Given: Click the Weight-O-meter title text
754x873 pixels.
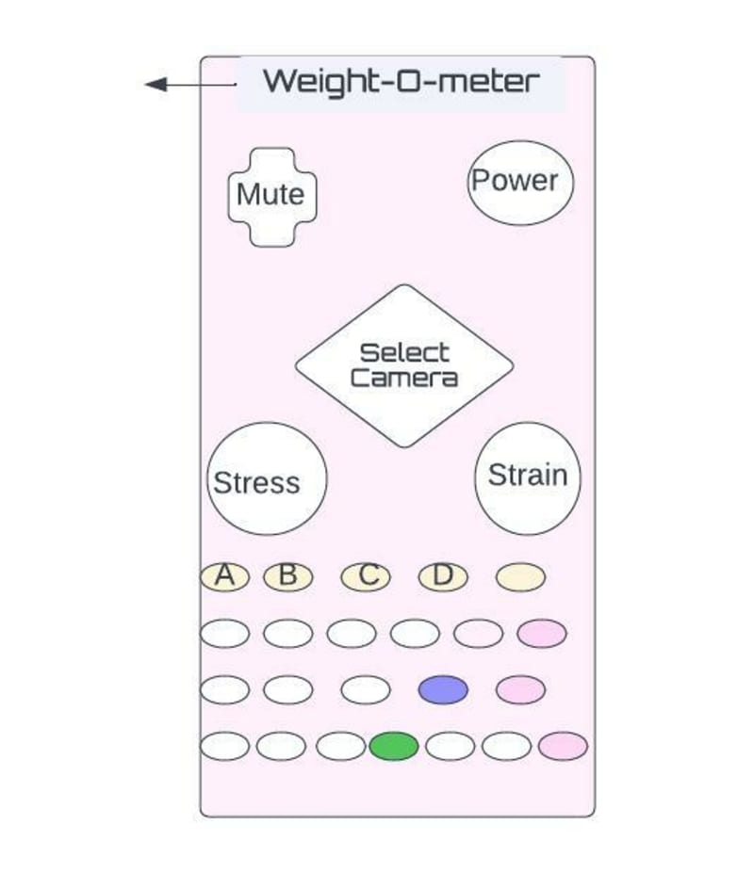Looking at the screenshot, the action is [401, 81].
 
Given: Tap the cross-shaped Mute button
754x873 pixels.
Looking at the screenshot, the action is [271, 196].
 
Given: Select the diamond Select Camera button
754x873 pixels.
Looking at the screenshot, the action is [404, 365].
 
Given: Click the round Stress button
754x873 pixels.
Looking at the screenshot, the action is [266, 479].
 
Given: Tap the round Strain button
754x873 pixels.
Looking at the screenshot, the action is [528, 477].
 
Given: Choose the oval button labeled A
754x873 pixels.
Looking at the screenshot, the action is [224, 576].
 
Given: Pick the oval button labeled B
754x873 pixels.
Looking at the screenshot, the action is [288, 576].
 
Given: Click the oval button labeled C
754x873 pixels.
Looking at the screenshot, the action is [366, 576].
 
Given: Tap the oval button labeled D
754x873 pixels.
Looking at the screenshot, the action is [443, 576].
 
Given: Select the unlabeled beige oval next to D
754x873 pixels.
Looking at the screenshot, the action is [520, 576].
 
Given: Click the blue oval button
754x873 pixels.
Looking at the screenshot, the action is [443, 689].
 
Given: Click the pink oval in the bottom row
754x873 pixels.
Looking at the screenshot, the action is [563, 746].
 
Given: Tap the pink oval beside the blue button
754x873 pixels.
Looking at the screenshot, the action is [520, 689].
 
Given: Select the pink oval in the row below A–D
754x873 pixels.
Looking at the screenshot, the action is [542, 634].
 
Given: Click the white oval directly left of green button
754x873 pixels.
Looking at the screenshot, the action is [340, 746].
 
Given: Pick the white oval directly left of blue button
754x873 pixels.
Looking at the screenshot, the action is [366, 689].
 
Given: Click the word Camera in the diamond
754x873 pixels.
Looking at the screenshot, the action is [404, 379].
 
